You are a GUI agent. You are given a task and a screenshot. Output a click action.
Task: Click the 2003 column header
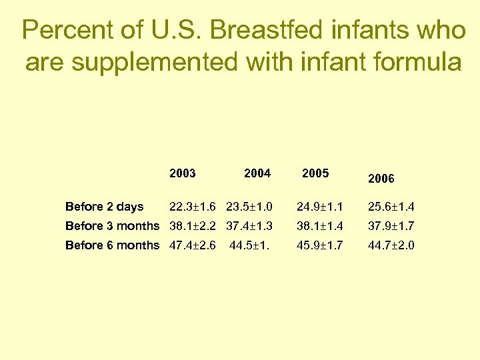(x=183, y=173)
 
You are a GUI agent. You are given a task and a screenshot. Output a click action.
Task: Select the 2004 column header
(x=257, y=173)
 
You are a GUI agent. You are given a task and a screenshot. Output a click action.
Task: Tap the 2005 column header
(x=315, y=173)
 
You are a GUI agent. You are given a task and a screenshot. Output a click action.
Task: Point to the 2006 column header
(x=381, y=179)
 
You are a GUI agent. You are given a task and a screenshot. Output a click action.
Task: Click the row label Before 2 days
(x=104, y=207)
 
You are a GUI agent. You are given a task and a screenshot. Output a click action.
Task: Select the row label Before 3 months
(x=113, y=226)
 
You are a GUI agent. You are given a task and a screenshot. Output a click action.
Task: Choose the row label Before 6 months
(x=113, y=245)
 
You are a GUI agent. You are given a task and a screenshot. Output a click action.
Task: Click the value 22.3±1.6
(x=193, y=207)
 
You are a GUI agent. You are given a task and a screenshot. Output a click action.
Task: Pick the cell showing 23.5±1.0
(x=249, y=207)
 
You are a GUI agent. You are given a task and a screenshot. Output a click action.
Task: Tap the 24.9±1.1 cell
(x=320, y=207)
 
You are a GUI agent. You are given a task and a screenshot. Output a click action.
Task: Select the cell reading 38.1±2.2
(x=193, y=226)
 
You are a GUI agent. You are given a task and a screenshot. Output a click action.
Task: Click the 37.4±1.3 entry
(x=249, y=226)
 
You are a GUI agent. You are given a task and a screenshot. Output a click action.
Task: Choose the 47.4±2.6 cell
(x=193, y=245)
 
